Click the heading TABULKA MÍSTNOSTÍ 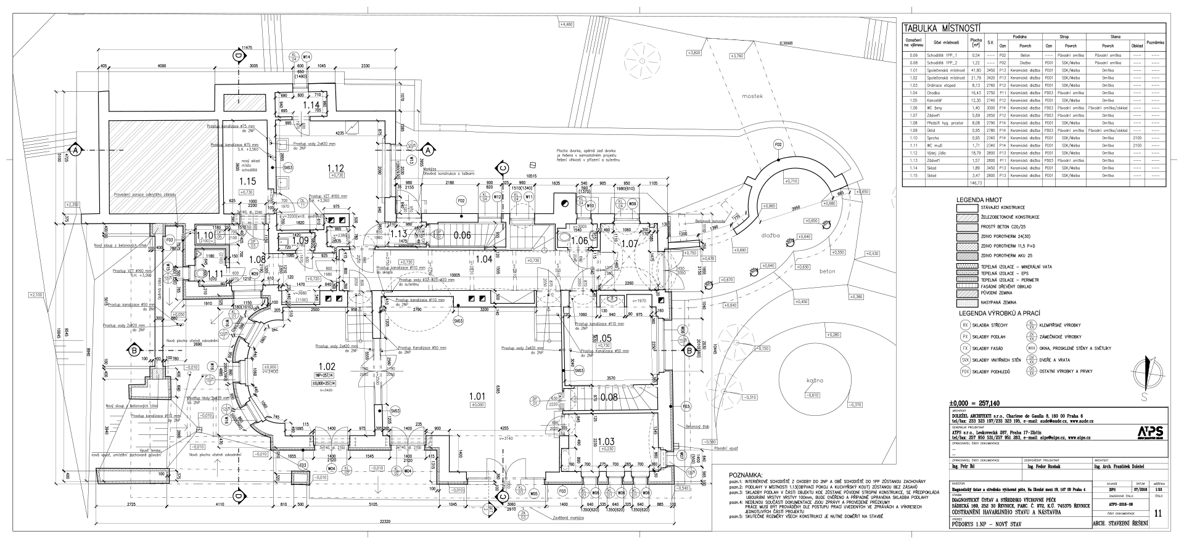[942, 28]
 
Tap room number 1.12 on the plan [335, 168]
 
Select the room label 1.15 [247, 182]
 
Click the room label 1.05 [603, 338]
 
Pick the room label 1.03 [606, 441]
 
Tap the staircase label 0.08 [609, 397]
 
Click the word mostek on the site [753, 96]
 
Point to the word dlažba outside [771, 235]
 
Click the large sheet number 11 [1157, 513]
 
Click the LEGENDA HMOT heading [980, 201]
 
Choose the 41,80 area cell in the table [976, 71]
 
